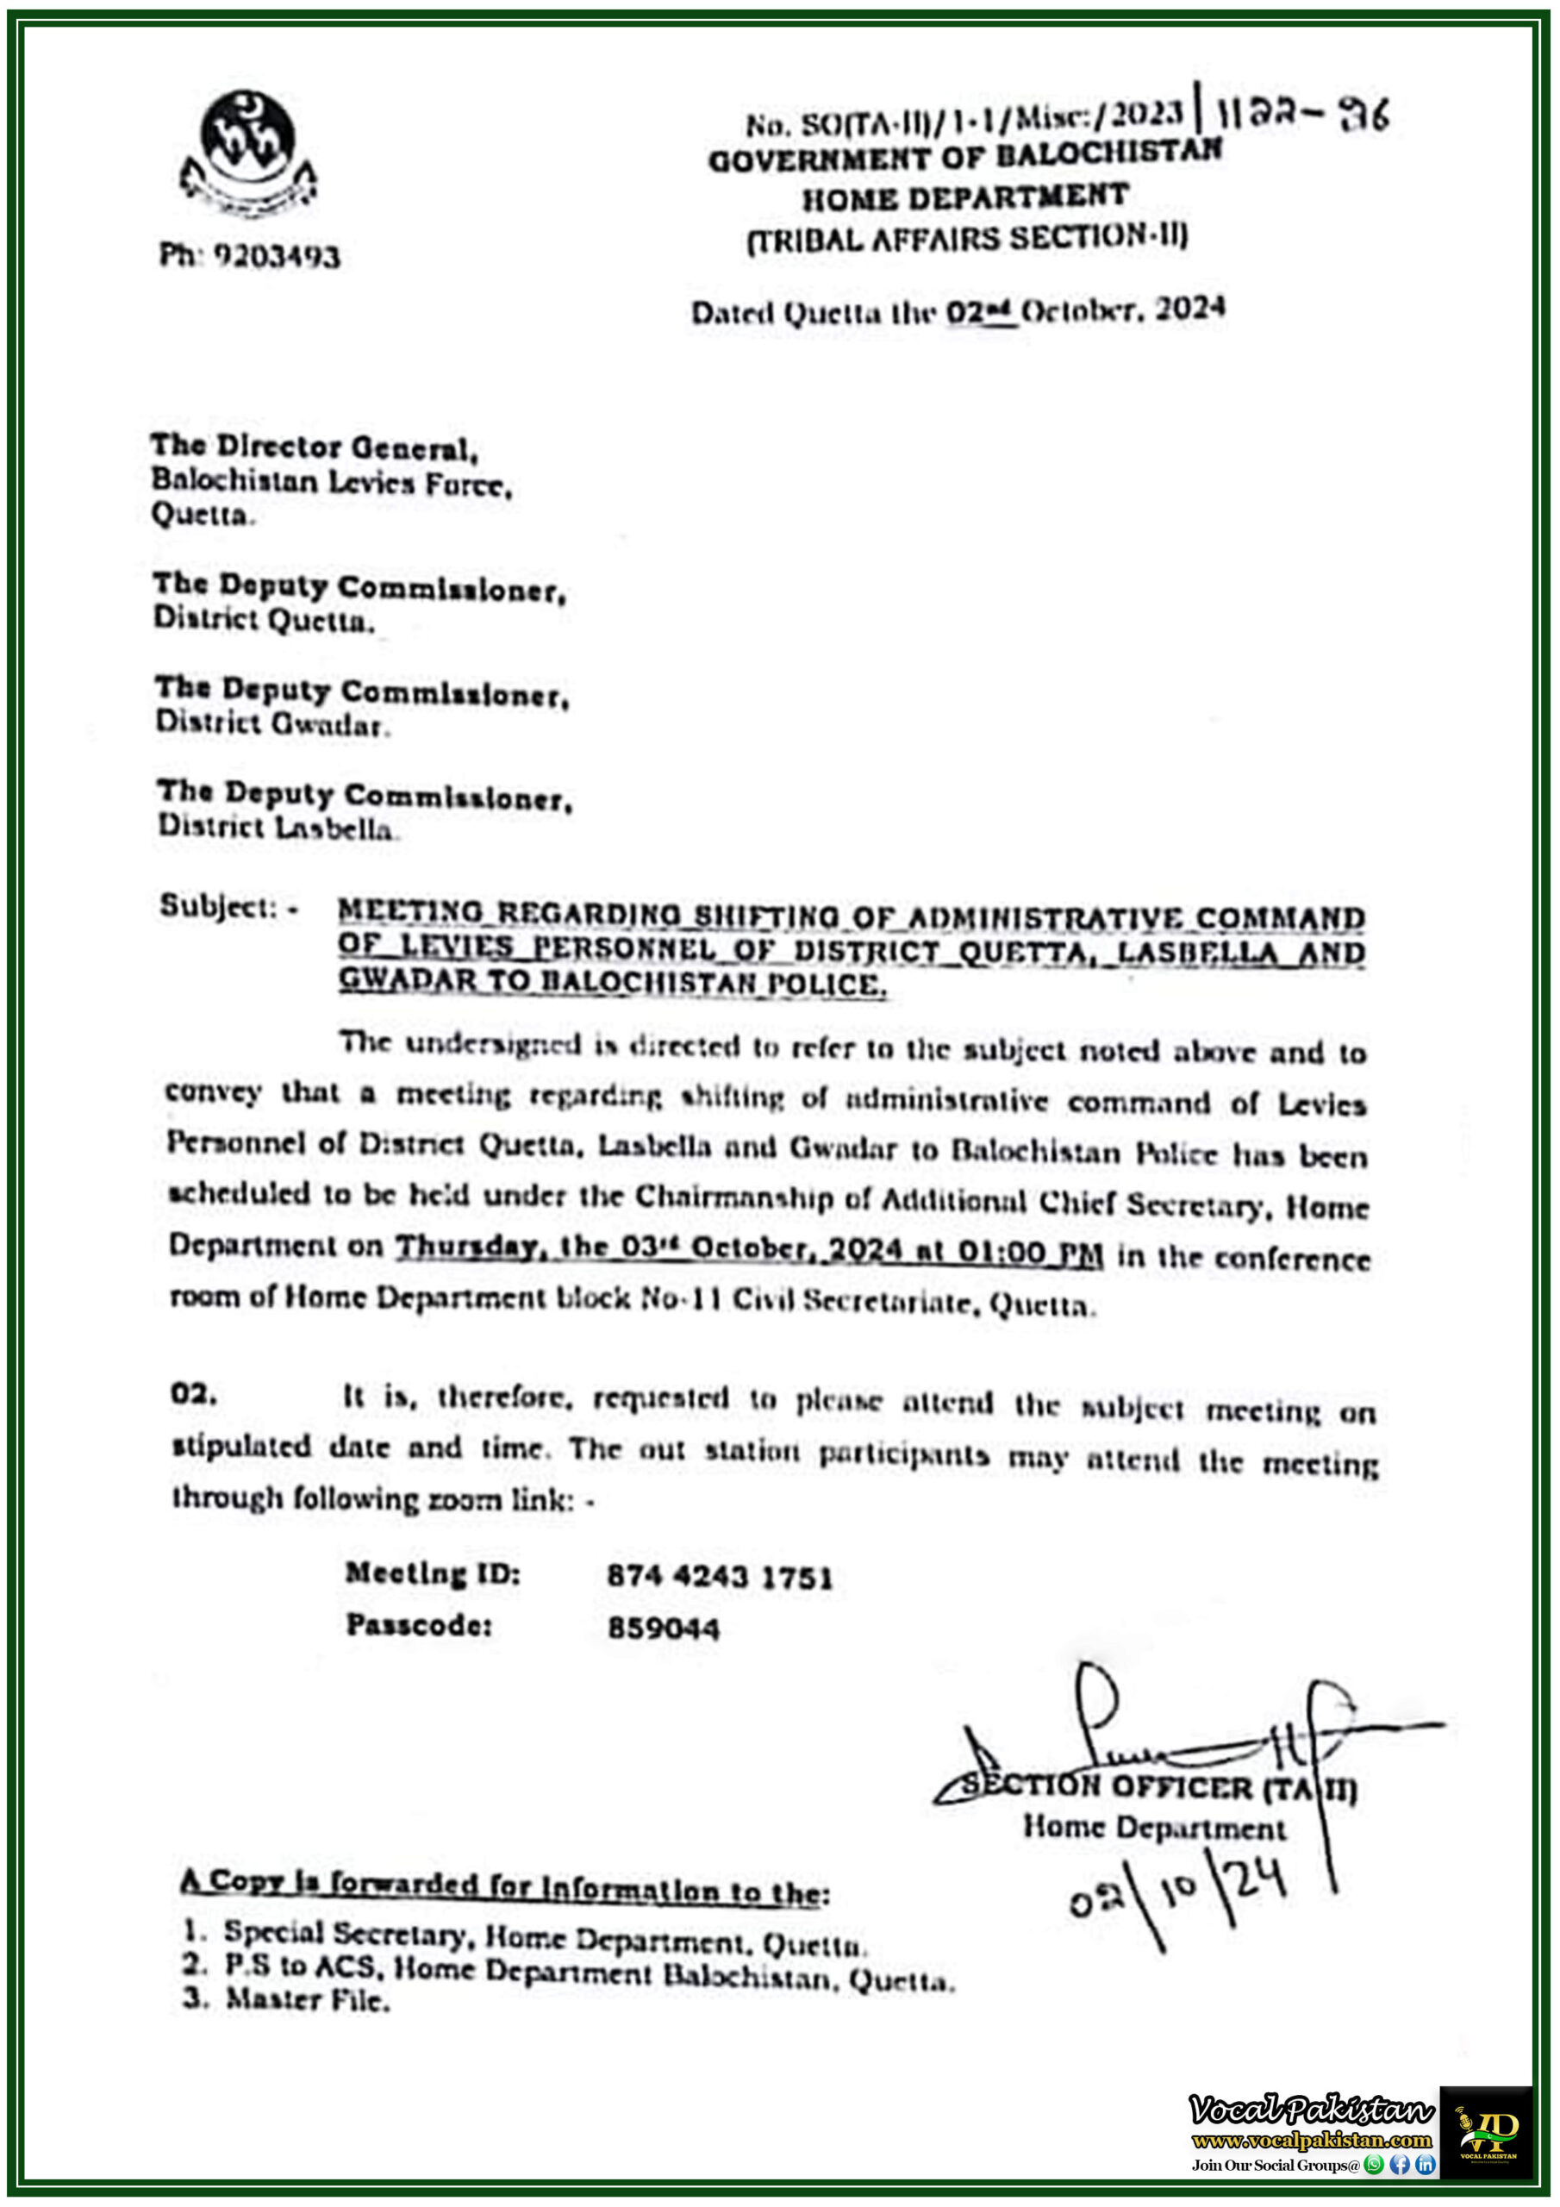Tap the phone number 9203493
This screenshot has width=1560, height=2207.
click(x=276, y=257)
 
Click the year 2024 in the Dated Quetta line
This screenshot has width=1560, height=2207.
click(x=1190, y=309)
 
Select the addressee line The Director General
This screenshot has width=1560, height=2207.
click(x=314, y=447)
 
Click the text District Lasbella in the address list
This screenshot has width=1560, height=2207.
click(x=277, y=827)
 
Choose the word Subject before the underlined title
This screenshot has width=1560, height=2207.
click(x=218, y=905)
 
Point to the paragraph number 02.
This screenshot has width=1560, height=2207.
click(x=193, y=1394)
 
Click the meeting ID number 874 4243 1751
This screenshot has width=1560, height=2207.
click(x=719, y=1577)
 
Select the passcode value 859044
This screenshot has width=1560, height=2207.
click(x=664, y=1629)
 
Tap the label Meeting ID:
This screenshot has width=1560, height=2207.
click(x=433, y=1573)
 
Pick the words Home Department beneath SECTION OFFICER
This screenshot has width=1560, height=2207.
click(x=1153, y=1826)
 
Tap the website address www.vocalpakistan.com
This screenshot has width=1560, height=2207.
click(x=1311, y=2140)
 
